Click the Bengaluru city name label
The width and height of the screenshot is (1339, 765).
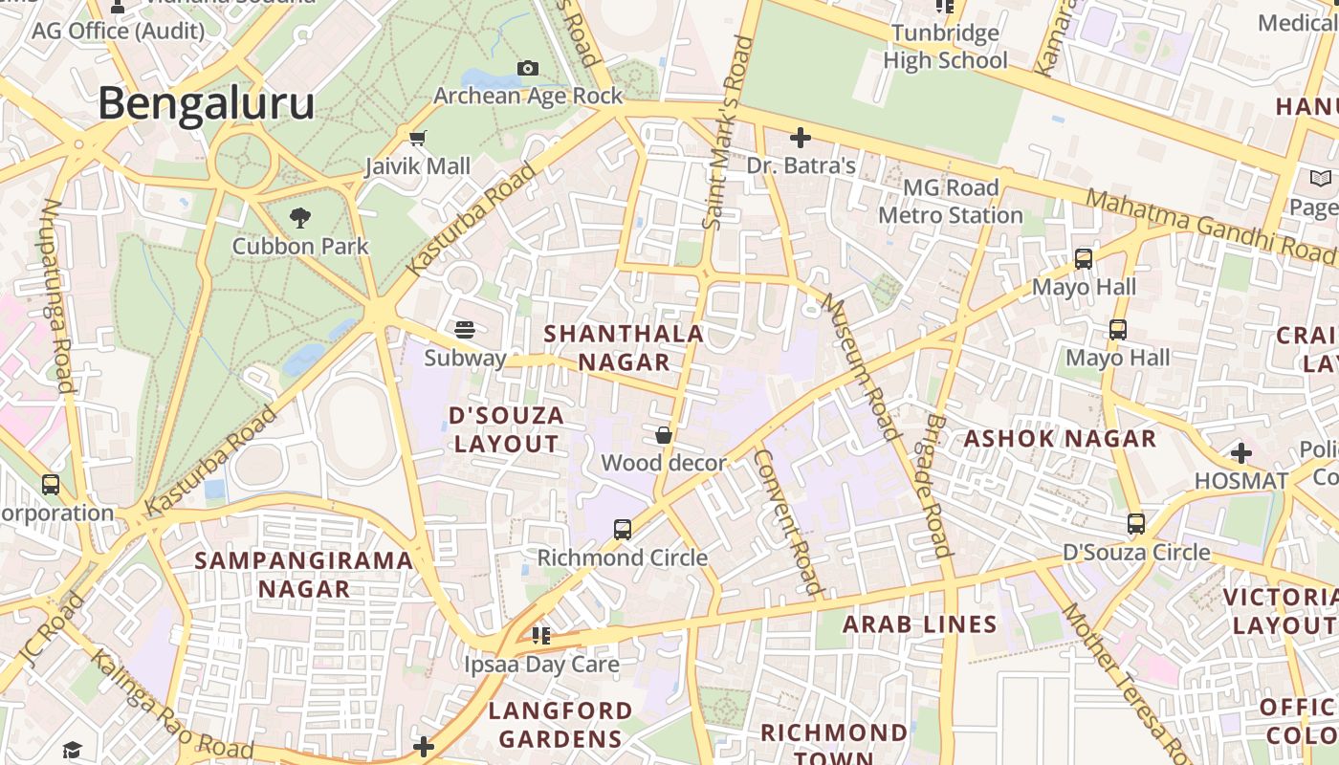(x=206, y=103)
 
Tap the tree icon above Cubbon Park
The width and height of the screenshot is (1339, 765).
(x=300, y=217)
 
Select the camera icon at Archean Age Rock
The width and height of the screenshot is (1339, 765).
(x=527, y=68)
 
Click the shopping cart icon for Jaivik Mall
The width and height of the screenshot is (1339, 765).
(x=418, y=138)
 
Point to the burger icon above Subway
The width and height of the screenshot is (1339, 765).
(x=465, y=330)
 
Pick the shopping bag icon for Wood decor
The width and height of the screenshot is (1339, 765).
(x=663, y=435)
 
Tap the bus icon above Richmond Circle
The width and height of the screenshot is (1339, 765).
(x=623, y=529)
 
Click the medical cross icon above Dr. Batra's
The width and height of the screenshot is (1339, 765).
(x=801, y=137)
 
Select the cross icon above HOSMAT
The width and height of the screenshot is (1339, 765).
(x=1241, y=452)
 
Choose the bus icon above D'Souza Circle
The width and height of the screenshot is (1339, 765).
(x=1136, y=524)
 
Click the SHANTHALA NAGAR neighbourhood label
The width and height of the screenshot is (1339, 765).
(x=624, y=348)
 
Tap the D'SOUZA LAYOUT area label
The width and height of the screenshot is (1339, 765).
(x=506, y=429)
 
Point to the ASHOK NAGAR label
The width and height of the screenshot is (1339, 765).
(x=1060, y=439)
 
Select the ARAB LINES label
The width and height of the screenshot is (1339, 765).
(x=919, y=624)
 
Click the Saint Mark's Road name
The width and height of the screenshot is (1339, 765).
(x=724, y=134)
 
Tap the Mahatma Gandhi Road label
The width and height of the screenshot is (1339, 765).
(x=1211, y=227)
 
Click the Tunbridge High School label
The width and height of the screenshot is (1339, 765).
(x=945, y=47)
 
